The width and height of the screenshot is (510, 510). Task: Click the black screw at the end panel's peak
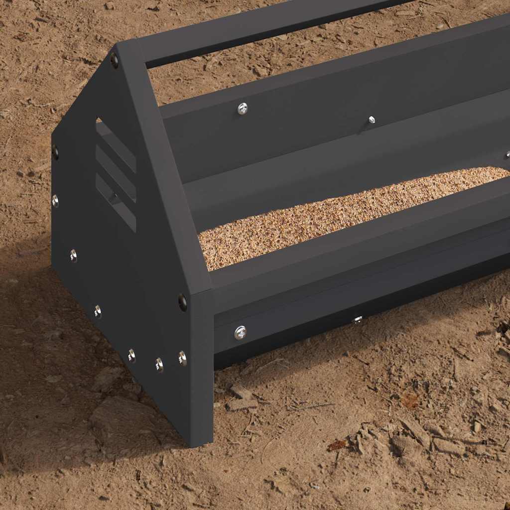115,61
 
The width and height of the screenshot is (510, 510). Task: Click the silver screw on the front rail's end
241,332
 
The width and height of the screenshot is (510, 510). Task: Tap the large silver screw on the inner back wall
243,108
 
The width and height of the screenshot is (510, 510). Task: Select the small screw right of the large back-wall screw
371,120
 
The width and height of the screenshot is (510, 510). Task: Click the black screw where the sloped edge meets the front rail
183,302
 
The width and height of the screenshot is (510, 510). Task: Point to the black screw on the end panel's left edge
55,152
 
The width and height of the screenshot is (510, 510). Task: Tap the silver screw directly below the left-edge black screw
55,201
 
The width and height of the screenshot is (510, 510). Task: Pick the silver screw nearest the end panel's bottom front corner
183,358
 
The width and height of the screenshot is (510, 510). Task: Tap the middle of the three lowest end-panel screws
159,365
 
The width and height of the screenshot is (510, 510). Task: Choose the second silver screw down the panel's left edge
73,255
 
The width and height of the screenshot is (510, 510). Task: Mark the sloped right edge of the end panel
164,174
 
